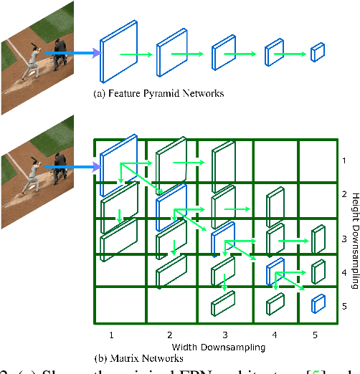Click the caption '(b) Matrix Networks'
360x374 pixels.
click(x=138, y=357)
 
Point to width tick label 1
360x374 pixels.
click(x=112, y=335)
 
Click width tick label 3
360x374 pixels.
click(x=224, y=335)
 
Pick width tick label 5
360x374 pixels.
click(x=315, y=335)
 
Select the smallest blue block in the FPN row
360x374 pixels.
click(x=317, y=52)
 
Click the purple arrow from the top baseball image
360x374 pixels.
click(x=72, y=52)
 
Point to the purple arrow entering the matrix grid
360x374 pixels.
click(x=72, y=168)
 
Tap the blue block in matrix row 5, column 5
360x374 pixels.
click(x=317, y=304)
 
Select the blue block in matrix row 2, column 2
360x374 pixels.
click(x=170, y=203)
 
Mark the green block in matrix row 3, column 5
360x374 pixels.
click(x=318, y=239)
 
